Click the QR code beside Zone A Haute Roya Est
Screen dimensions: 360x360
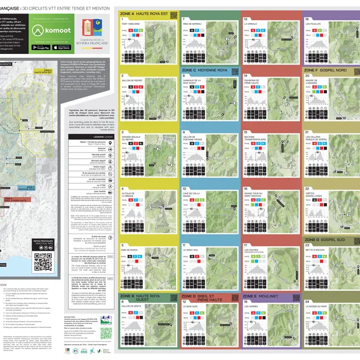174,15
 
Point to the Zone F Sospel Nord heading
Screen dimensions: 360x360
326,70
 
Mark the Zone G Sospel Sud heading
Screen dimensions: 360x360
325,238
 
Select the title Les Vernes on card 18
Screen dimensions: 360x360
251,306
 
